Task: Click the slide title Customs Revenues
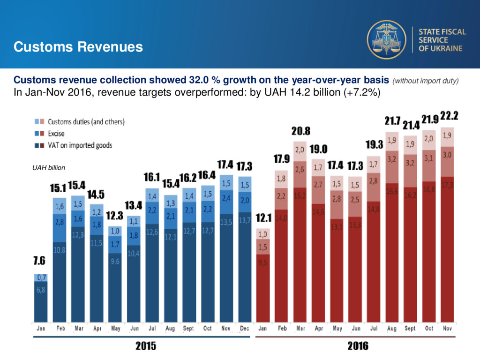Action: (78, 47)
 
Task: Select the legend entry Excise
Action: (56, 134)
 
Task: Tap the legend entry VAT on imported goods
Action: (80, 145)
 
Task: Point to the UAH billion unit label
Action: (49, 167)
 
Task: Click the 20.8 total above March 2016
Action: (300, 130)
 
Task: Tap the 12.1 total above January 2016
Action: (263, 218)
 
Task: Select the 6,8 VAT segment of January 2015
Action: (41, 290)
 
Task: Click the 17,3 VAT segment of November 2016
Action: (447, 186)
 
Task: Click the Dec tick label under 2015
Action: (244, 329)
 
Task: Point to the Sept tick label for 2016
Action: (410, 329)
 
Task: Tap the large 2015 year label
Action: (146, 346)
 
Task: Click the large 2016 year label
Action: (358, 346)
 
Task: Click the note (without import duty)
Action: (426, 81)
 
